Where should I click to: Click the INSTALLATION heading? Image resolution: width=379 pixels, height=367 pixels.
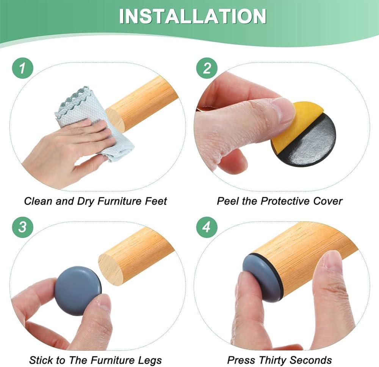point(193,16)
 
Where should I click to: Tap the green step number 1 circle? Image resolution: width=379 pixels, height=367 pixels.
point(22,68)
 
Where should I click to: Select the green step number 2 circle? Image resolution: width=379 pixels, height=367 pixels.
point(207,68)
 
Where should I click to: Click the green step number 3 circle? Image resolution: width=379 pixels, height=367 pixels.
point(22,227)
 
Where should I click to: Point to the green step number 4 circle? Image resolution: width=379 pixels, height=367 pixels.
point(207,227)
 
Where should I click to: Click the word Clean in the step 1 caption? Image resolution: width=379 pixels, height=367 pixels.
point(38,201)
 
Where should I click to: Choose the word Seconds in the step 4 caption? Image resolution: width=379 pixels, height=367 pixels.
point(311,360)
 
